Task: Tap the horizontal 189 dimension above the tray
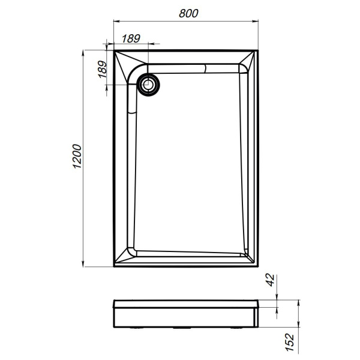tap(131, 38)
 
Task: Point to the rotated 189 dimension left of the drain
tap(101, 70)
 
